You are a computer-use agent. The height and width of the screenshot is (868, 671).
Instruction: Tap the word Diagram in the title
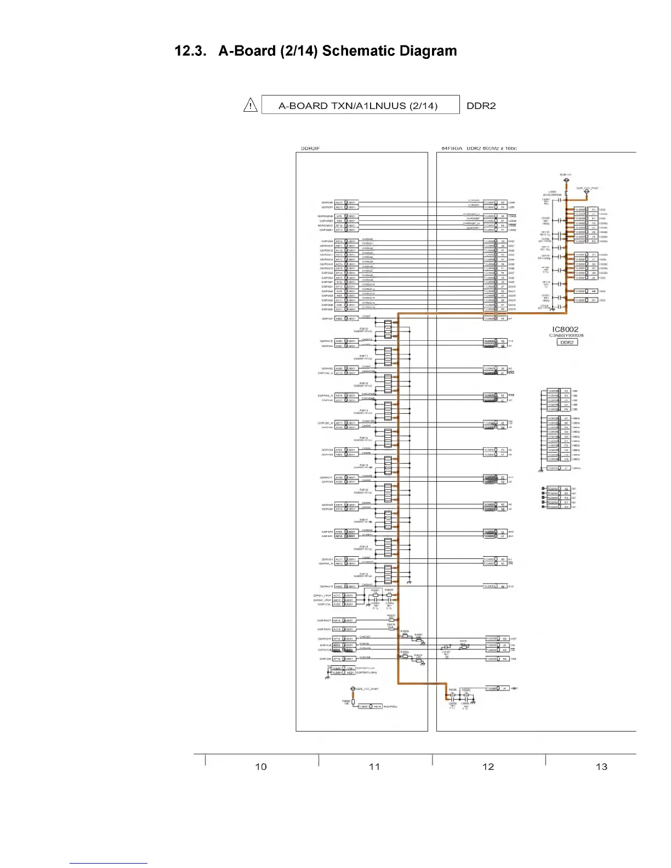pyautogui.click(x=428, y=52)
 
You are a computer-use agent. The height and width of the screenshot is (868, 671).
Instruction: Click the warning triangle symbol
pyautogui.click(x=250, y=105)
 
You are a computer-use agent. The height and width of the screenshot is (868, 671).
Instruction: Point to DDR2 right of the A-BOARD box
pyautogui.click(x=481, y=106)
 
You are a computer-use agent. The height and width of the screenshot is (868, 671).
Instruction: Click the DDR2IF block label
pyautogui.click(x=310, y=149)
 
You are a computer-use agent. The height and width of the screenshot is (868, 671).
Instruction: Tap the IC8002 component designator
pyautogui.click(x=565, y=329)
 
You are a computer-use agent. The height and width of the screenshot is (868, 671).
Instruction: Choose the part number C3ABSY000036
pyautogui.click(x=566, y=335)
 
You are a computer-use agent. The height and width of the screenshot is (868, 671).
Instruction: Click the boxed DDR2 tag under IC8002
pyautogui.click(x=567, y=342)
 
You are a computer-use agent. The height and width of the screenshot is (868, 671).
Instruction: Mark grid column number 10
pyautogui.click(x=261, y=767)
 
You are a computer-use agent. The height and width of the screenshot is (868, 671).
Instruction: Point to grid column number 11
pyautogui.click(x=374, y=767)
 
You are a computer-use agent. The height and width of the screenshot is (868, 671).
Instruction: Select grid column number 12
pyautogui.click(x=488, y=767)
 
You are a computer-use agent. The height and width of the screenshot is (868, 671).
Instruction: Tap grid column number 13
pyautogui.click(x=601, y=767)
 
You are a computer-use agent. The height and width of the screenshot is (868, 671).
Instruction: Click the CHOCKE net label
pyautogui.click(x=365, y=657)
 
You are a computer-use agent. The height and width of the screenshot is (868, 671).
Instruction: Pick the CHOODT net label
pyautogui.click(x=365, y=637)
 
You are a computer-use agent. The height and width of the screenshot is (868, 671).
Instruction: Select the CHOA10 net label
pyautogui.click(x=367, y=585)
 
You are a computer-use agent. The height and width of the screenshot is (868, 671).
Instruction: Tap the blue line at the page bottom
pyautogui.click(x=108, y=863)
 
